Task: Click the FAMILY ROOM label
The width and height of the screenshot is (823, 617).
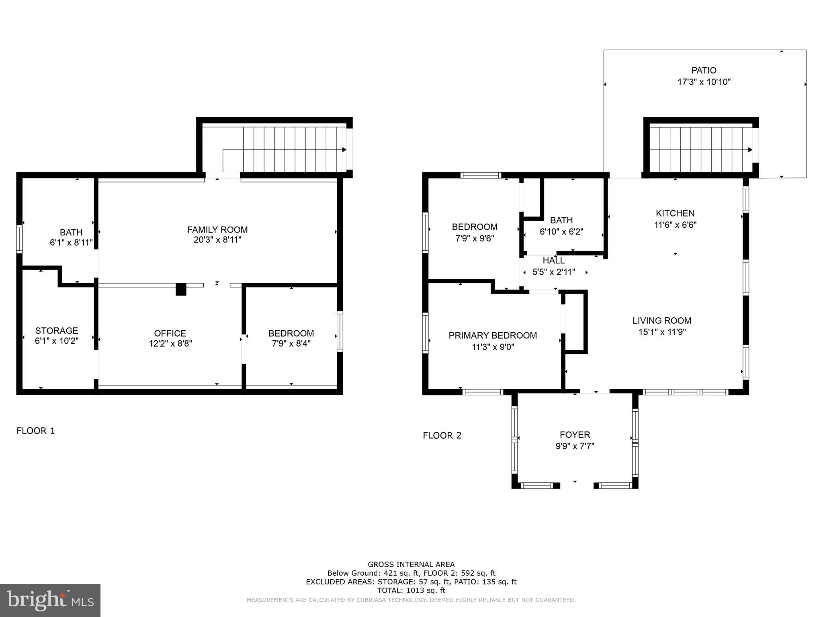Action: (217, 229)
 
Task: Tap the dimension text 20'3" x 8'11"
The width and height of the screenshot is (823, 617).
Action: (217, 240)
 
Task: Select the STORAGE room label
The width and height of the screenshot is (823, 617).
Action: (56, 331)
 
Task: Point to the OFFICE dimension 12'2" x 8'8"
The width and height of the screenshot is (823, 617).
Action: (170, 344)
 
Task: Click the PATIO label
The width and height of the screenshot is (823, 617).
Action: (704, 70)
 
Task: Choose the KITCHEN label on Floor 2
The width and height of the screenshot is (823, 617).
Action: (675, 213)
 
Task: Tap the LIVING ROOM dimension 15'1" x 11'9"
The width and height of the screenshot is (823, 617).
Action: (662, 332)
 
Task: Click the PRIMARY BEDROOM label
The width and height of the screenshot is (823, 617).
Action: (493, 335)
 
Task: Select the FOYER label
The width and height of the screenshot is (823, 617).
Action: (575, 435)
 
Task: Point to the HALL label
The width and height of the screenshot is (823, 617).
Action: (553, 260)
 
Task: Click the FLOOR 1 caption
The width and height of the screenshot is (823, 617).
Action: (36, 431)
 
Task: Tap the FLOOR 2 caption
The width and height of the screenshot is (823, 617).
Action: (442, 435)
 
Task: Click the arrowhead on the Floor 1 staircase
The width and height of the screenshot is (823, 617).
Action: (344, 149)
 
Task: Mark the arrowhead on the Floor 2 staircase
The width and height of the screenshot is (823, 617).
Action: (750, 149)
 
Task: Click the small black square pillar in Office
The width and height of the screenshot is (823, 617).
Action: (181, 289)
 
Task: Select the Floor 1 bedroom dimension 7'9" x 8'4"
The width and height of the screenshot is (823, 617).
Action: (291, 344)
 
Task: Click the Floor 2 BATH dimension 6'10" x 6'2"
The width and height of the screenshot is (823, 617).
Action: (561, 232)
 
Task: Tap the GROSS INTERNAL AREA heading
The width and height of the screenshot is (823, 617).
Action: (411, 564)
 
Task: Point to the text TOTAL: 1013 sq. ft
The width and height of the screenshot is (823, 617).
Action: (411, 590)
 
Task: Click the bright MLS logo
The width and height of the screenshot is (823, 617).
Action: (50, 601)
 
